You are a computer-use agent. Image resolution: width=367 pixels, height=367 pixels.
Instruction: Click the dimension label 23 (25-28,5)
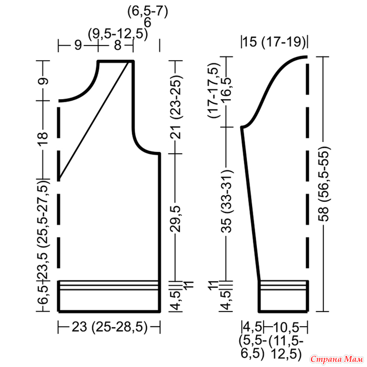click(x=110, y=327)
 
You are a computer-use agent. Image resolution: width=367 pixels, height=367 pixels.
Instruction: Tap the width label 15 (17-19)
click(x=274, y=42)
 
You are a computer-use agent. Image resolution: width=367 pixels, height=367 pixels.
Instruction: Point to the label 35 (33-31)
click(x=226, y=201)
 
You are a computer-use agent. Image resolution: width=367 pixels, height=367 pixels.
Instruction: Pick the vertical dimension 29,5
click(x=176, y=219)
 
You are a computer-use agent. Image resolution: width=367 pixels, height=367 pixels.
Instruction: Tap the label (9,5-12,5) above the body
click(x=118, y=34)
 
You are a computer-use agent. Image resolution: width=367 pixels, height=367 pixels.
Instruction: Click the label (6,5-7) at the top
click(x=148, y=12)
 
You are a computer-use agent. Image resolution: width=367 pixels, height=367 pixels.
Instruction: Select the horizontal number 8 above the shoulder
click(x=118, y=45)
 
